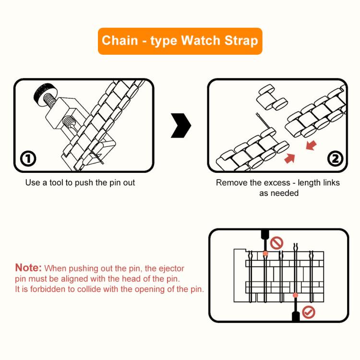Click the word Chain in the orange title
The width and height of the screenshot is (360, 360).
[120, 40]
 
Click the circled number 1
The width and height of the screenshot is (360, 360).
[28, 158]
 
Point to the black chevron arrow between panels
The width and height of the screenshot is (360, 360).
[181, 126]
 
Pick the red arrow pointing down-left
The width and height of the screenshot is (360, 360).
[311, 145]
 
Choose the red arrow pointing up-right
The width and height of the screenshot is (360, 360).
[289, 157]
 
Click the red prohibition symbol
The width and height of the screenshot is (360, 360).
[277, 243]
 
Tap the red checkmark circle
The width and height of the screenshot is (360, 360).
[309, 313]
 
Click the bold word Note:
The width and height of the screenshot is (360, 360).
[28, 268]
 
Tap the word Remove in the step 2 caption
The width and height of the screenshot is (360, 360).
[229, 183]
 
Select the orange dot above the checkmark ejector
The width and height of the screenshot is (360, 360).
[295, 295]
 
